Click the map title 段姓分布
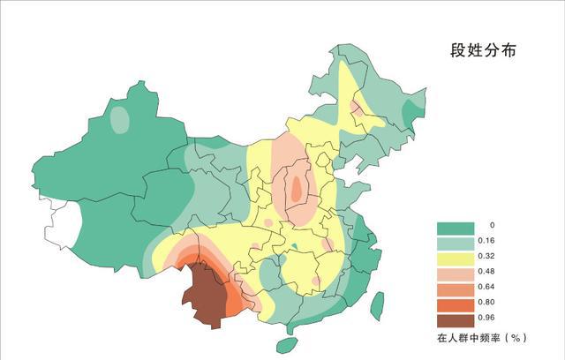pyautogui.click(x=482, y=51)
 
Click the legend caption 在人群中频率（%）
pyautogui.click(x=482, y=338)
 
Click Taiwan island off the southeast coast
pyautogui.click(x=377, y=305)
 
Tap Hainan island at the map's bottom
pyautogui.click(x=287, y=345)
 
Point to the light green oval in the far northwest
pyautogui.click(x=120, y=119)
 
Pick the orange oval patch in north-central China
pyautogui.click(x=298, y=187)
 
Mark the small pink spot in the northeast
pyautogui.click(x=358, y=109)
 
